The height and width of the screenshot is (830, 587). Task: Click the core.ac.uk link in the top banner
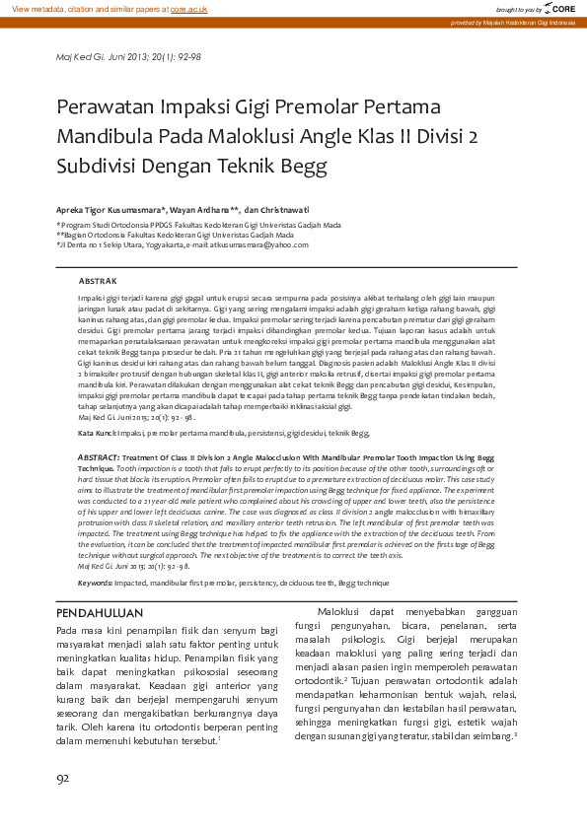coord(188,8)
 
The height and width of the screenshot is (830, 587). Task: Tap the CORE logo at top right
coord(561,8)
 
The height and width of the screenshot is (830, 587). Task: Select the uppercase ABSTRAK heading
coord(98,281)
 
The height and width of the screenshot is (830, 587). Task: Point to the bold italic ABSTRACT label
coord(99,458)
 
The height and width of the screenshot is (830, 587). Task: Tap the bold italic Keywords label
coord(95,584)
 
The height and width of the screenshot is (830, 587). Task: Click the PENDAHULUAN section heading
coord(101,614)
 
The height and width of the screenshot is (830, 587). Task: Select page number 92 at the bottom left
coord(63,779)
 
